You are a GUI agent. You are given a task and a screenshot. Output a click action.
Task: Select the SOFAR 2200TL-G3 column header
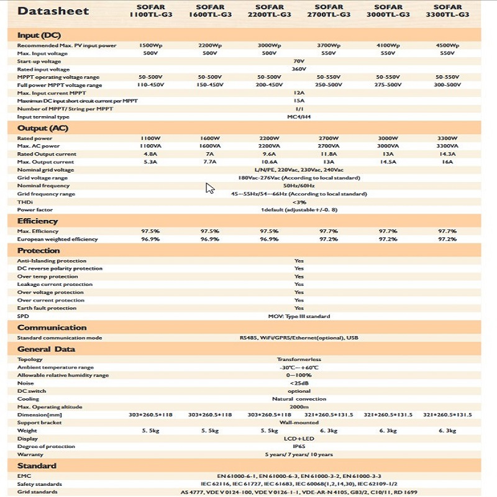[269, 11]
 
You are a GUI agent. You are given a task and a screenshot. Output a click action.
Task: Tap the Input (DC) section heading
[39, 35]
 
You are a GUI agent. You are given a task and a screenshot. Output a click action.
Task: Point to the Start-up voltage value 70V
[299, 62]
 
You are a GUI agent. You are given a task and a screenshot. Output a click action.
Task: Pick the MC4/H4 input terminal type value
[299, 116]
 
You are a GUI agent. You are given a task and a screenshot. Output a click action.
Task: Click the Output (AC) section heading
[42, 128]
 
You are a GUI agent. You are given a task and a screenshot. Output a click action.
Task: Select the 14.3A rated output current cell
[447, 154]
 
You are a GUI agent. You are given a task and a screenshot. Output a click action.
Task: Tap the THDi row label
[24, 201]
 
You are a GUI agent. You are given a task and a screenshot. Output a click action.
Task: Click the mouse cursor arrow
[210, 188]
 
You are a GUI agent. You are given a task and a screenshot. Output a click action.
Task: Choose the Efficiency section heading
[37, 221]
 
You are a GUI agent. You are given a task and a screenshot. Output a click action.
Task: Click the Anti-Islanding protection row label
[52, 261]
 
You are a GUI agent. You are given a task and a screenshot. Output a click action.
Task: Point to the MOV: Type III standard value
[299, 316]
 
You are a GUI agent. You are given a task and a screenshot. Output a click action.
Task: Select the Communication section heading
[52, 327]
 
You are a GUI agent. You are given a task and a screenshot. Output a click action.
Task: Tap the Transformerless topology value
[299, 359]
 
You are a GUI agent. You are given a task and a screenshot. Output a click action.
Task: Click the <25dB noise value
[299, 383]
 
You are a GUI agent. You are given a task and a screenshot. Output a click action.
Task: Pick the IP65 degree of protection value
[299, 446]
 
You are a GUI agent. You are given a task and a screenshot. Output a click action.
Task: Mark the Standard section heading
[37, 465]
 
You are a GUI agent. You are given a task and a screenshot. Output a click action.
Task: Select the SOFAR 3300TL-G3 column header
[447, 11]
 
